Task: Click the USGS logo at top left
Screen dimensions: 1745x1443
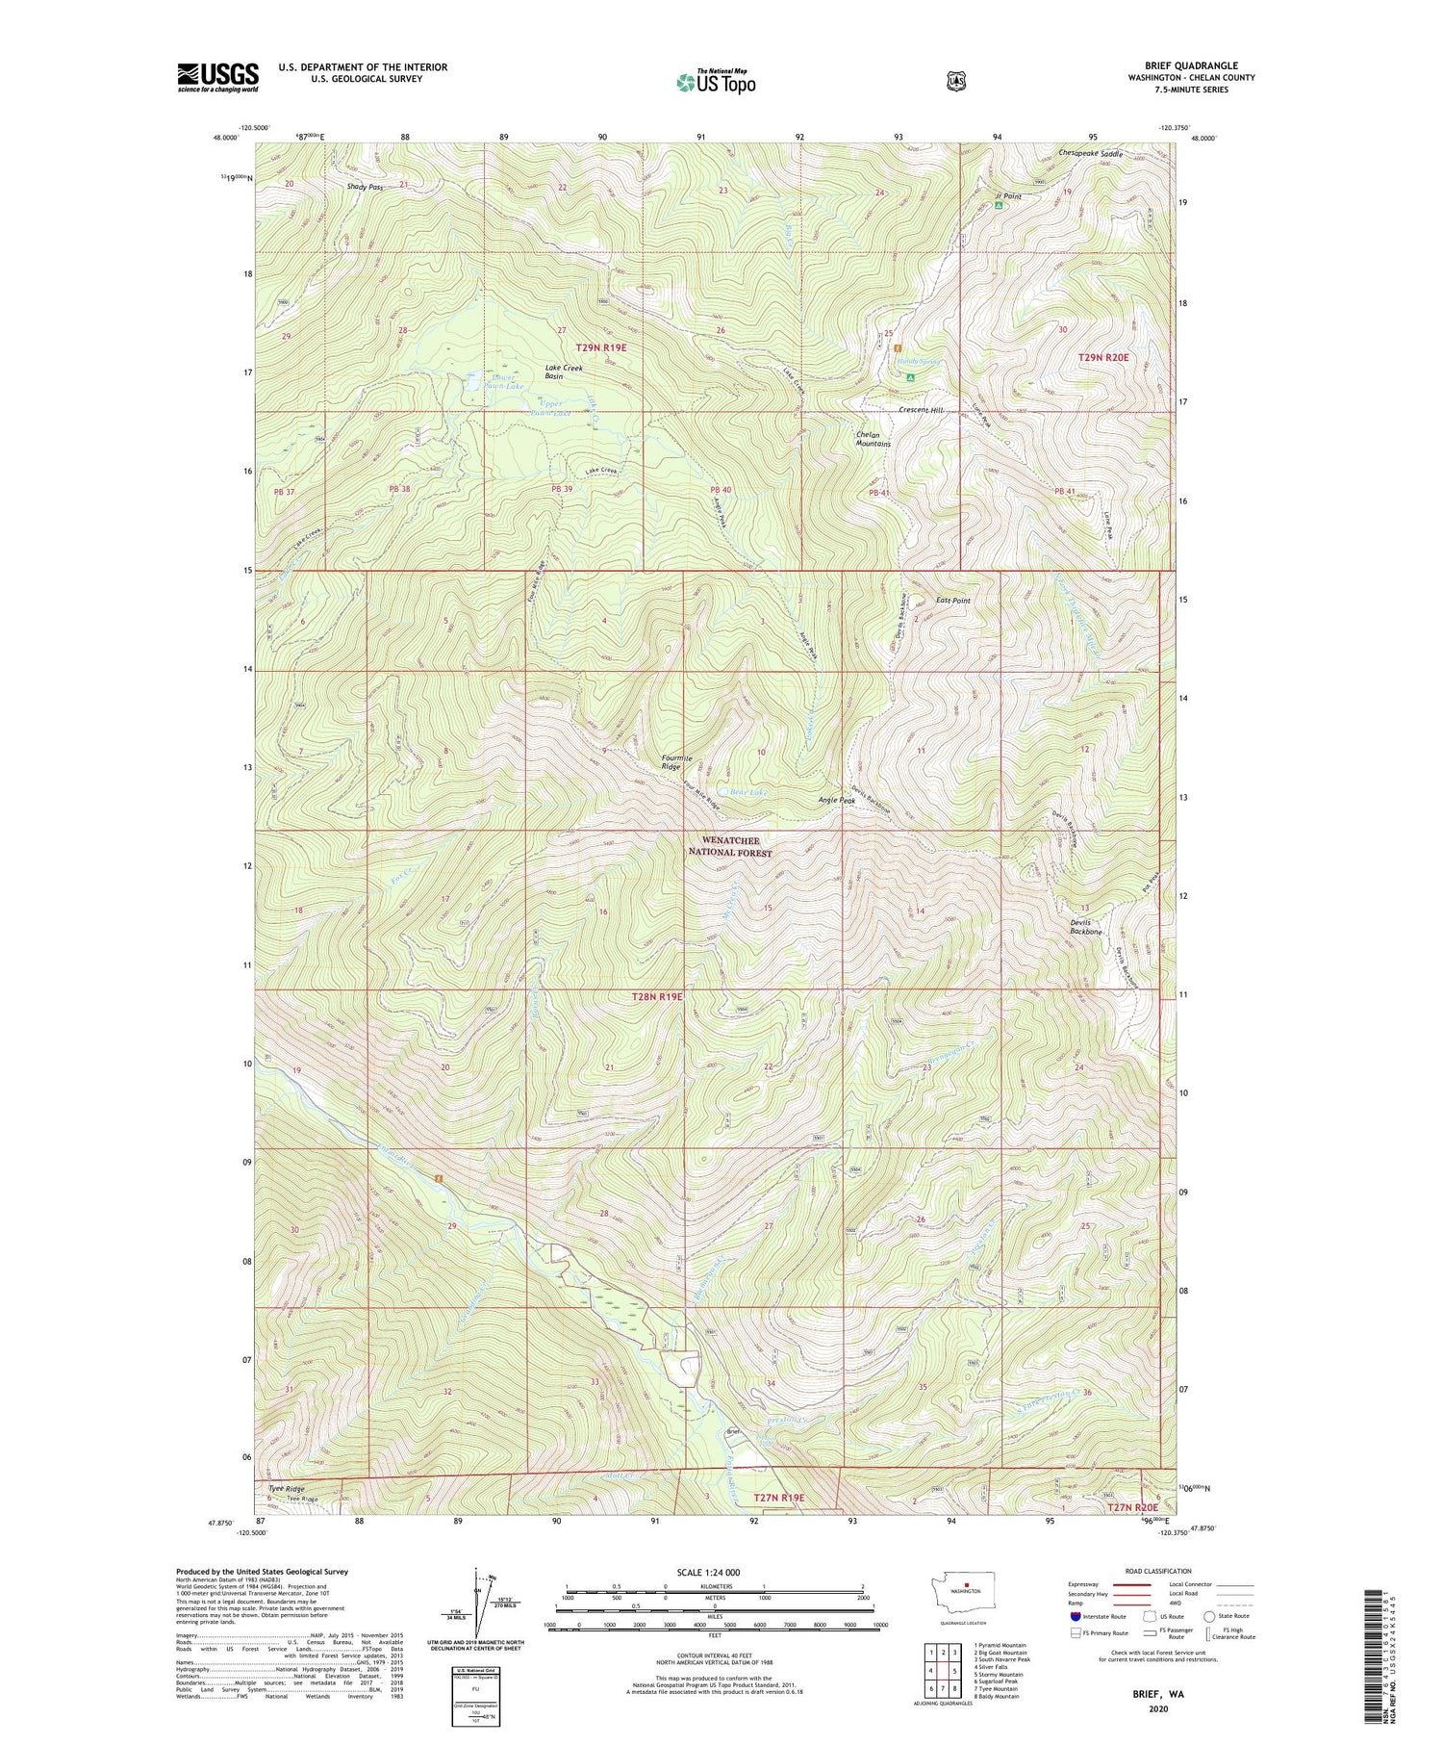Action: point(217,77)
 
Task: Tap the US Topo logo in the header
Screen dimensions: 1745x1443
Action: point(716,82)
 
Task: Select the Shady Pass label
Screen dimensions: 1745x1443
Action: point(366,187)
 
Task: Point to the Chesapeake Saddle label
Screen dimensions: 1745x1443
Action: point(1090,154)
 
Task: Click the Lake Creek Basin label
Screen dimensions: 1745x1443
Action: point(564,372)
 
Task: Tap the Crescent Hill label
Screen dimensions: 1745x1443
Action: point(921,410)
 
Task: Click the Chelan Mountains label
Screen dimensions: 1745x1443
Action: point(873,439)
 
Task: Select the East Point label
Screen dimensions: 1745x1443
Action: point(952,600)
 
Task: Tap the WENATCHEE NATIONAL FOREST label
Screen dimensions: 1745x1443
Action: point(736,846)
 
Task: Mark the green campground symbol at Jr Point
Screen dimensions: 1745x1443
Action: point(1000,205)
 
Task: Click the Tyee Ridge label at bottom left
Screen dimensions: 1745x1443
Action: point(286,1488)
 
